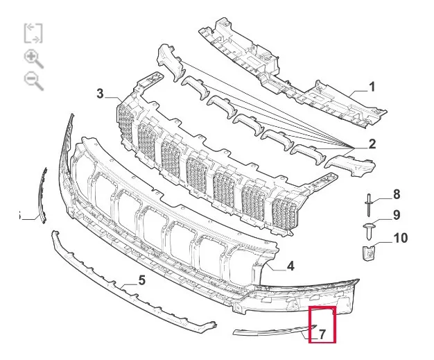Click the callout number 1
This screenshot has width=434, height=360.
372,87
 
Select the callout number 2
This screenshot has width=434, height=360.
372,144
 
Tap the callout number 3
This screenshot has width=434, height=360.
100,94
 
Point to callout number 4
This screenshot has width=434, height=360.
290,266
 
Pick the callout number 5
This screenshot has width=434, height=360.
141,280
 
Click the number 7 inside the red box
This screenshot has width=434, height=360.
322,334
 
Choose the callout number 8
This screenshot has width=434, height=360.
397,194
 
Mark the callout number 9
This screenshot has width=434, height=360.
397,215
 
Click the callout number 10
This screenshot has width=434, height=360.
401,238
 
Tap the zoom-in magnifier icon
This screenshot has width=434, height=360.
34,60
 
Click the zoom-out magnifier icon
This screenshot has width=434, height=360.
34,81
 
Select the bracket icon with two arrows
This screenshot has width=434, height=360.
33,33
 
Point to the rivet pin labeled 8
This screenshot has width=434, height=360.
369,205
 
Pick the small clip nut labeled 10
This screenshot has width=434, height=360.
368,252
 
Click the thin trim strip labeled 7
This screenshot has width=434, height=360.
274,330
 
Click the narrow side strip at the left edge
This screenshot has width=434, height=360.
43,195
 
